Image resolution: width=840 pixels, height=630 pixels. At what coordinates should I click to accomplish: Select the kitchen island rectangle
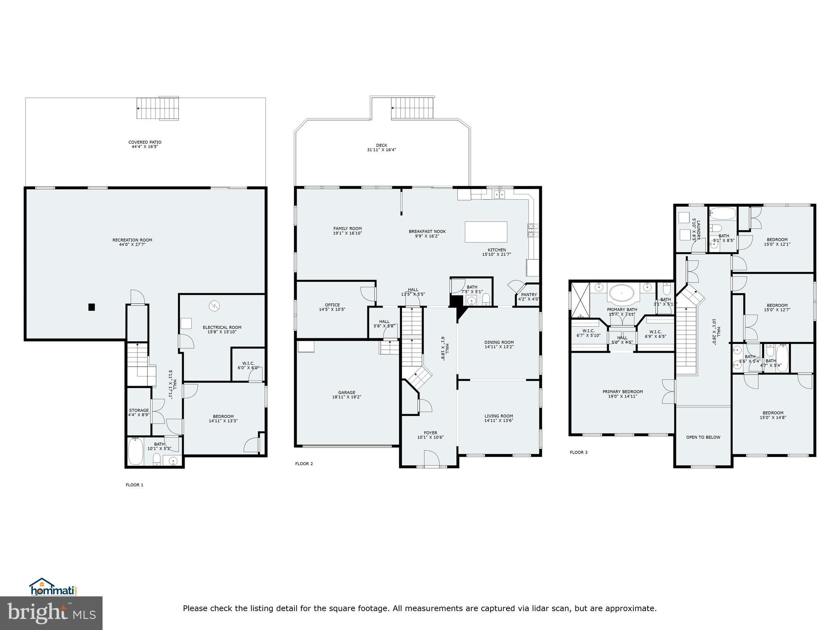point(486,232)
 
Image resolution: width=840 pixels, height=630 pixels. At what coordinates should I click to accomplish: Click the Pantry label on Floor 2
point(529,294)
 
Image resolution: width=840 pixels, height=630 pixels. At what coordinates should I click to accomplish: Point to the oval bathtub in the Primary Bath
point(622,294)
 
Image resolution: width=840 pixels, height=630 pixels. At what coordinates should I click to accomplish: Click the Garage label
point(347,393)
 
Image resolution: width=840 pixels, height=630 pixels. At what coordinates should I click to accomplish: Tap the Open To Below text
point(703,437)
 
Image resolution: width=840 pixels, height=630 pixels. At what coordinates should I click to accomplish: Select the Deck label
point(381,145)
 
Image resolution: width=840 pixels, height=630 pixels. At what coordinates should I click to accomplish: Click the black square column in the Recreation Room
point(92,307)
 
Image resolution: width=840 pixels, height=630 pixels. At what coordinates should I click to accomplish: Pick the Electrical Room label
point(222,327)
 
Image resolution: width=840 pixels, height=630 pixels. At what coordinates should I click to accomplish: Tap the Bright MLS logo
point(51,613)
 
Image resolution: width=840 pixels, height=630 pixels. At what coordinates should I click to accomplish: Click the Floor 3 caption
point(578,452)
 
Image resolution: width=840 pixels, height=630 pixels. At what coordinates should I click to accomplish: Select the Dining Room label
point(499,342)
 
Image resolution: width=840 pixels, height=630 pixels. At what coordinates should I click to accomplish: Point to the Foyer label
point(430,433)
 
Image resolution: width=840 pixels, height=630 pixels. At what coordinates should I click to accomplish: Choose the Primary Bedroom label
point(622,392)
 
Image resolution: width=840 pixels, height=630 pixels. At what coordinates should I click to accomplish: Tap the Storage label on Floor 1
point(139,410)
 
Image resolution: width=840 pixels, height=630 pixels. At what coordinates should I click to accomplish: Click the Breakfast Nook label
point(427,231)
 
